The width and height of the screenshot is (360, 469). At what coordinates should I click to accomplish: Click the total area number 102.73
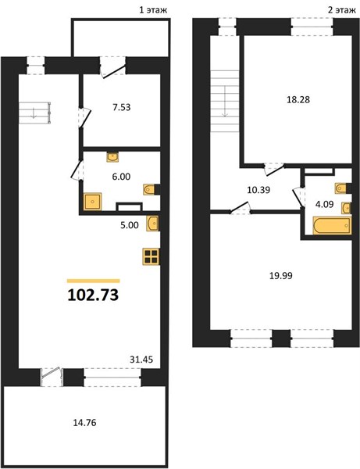(x=93, y=295)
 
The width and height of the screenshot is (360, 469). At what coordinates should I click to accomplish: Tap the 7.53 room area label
(x=122, y=107)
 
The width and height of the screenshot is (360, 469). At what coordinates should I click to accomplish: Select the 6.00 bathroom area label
(x=121, y=177)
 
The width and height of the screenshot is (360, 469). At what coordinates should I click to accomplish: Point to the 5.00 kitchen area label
(x=130, y=225)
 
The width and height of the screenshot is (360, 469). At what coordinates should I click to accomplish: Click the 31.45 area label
(x=141, y=360)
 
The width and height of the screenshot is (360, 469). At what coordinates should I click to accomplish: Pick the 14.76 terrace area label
(x=85, y=423)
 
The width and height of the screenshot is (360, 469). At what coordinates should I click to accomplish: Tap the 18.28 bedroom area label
(x=298, y=99)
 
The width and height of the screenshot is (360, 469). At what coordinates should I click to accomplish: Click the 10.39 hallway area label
(x=258, y=190)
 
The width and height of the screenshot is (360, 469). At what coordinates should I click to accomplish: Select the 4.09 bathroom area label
(x=324, y=204)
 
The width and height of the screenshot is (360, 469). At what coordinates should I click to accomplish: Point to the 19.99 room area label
(x=281, y=275)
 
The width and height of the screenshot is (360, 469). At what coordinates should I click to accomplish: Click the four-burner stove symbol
(x=151, y=256)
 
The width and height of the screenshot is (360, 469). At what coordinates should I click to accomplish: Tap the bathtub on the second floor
(x=332, y=225)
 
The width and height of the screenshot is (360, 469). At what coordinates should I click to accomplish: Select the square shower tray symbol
(x=93, y=202)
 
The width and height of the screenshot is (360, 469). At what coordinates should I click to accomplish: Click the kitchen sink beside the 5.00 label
(x=152, y=224)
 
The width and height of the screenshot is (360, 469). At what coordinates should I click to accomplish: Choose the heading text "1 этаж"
(x=153, y=10)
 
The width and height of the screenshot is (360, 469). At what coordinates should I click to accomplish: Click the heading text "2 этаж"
(x=342, y=10)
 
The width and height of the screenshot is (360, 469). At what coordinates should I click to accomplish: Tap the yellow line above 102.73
(x=94, y=281)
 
